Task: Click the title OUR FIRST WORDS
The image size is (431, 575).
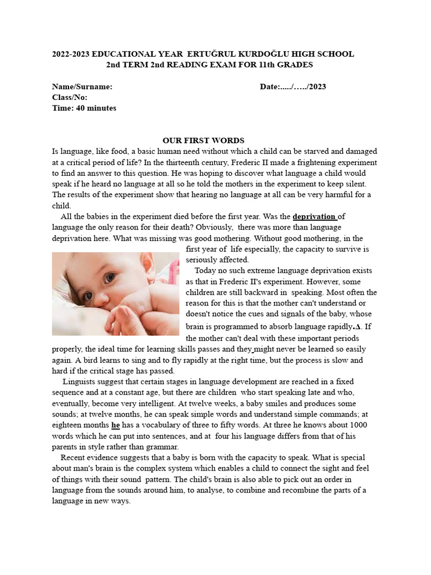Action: point(203,140)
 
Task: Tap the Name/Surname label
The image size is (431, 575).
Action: point(82,87)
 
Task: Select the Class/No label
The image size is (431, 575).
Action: point(70,98)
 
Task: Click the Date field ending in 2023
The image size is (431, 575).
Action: point(292,87)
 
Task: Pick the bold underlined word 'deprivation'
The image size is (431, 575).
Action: point(314,216)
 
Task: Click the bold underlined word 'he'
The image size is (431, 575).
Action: point(116,425)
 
